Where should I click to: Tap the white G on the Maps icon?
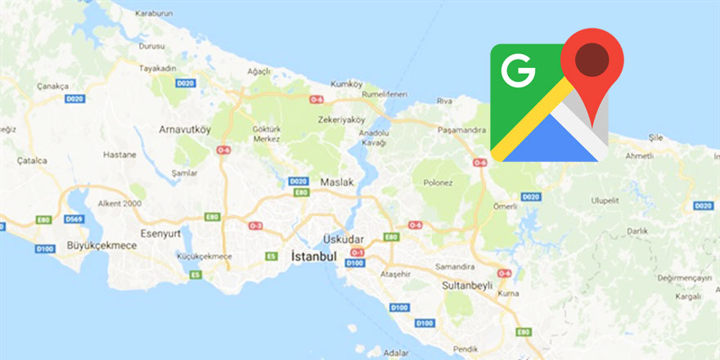pyautogui.click(x=518, y=72)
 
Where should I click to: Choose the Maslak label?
pyautogui.click(x=336, y=182)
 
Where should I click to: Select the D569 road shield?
pyautogui.click(x=74, y=219)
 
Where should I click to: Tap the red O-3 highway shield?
pyautogui.click(x=255, y=225)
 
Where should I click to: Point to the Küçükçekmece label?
pyautogui.click(x=205, y=256)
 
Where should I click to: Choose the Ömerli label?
pyautogui.click(x=505, y=206)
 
